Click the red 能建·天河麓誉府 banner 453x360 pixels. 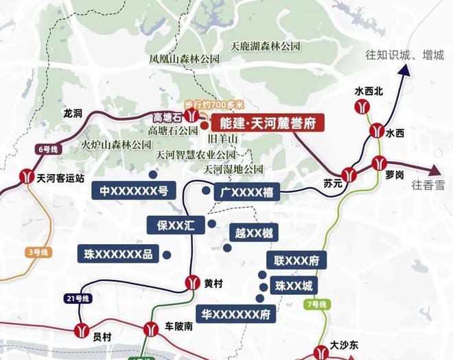click(268, 123)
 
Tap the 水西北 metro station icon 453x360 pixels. click(362, 106)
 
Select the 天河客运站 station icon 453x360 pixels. click(26, 176)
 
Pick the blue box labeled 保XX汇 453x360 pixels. click(176, 224)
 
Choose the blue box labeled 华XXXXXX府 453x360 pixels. click(235, 314)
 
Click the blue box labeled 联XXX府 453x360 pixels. click(296, 260)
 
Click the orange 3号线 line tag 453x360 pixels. click(37, 252)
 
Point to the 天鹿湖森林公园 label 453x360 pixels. click(266, 47)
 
